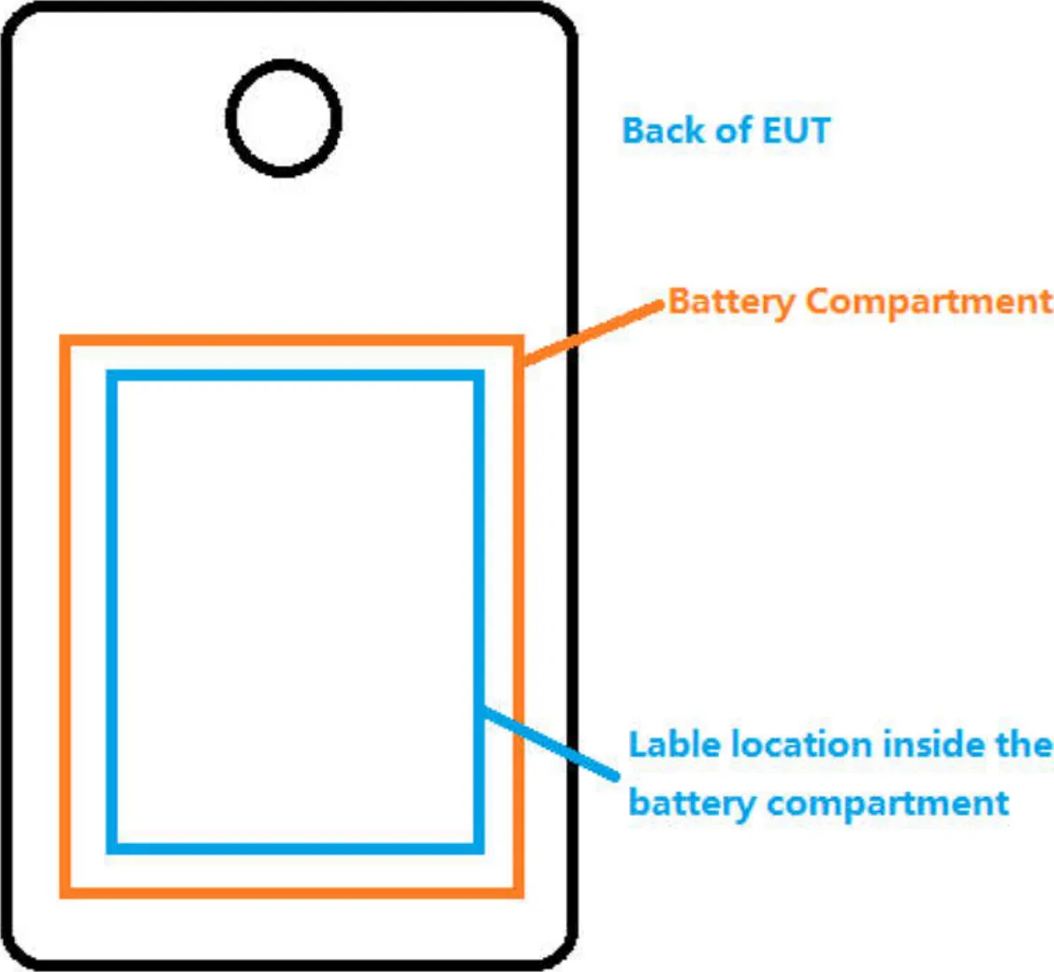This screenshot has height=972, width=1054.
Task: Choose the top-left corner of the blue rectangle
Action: (x=112, y=376)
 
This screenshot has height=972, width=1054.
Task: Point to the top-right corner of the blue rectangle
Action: (x=478, y=376)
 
